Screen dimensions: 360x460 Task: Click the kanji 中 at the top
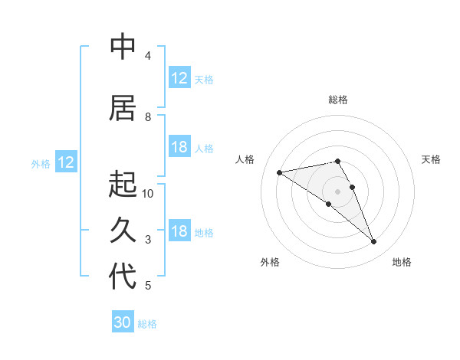point(123,47)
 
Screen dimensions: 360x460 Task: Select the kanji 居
point(123,108)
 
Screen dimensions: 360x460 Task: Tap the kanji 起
point(123,185)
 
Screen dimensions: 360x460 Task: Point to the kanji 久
point(123,231)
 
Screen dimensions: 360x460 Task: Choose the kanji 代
point(123,277)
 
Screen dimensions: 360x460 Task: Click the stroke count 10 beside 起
point(148,193)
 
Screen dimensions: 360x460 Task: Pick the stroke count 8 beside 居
point(148,116)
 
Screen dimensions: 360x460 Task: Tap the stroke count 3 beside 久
point(148,240)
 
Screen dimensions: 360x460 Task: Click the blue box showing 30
point(123,322)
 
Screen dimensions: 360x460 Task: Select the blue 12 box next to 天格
point(179,78)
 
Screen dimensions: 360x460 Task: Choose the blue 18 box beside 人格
point(179,147)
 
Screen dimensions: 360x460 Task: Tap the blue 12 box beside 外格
point(66,162)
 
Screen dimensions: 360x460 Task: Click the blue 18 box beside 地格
point(179,231)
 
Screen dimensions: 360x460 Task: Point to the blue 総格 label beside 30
point(147,324)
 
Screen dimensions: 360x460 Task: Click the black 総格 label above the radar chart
point(337,100)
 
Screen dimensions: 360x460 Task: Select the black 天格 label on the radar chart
point(431,159)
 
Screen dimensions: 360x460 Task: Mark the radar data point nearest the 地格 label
point(374,242)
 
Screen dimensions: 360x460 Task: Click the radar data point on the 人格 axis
point(279,172)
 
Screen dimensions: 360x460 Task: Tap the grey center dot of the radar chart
point(337,191)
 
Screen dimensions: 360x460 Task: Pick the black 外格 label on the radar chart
point(270,262)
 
